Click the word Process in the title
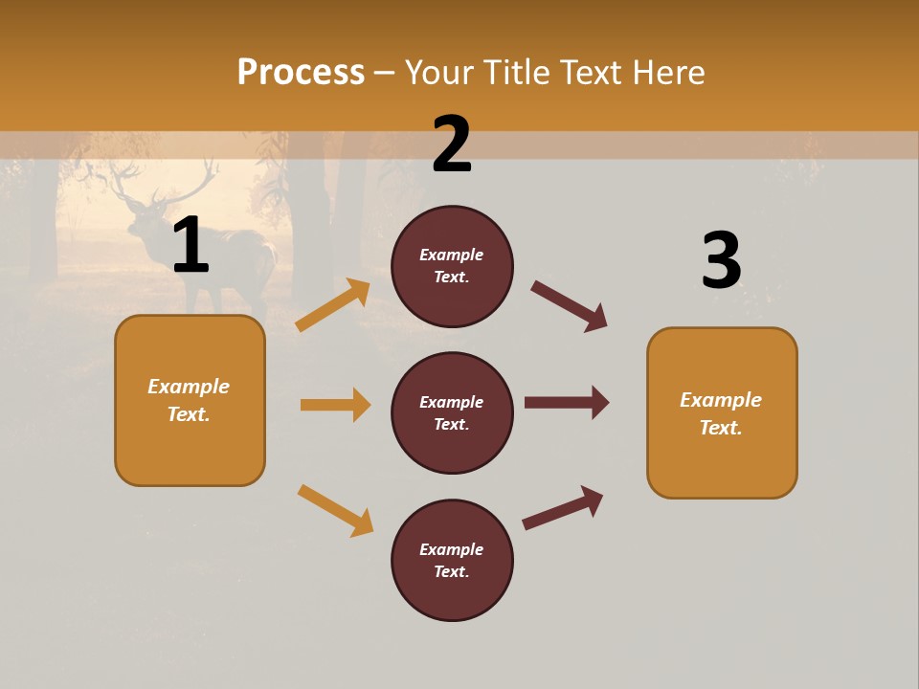tap(301, 72)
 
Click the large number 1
tap(191, 246)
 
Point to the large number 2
tap(452, 144)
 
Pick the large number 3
tap(721, 260)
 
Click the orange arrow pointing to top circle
tap(334, 304)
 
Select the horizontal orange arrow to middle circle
tap(335, 405)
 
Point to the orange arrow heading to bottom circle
tap(335, 509)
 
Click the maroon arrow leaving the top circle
tap(570, 306)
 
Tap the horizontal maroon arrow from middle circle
tap(567, 403)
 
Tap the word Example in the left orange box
tap(189, 387)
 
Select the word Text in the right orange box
tap(719, 428)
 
